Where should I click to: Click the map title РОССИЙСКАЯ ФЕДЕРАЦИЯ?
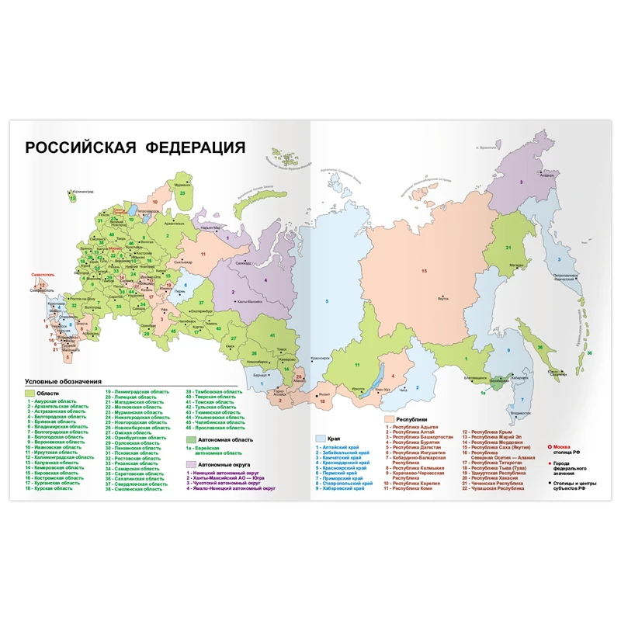click(x=135, y=148)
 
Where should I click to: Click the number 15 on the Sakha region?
click(x=424, y=270)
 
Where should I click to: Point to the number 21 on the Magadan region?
click(x=508, y=248)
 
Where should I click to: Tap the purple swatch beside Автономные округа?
click(x=191, y=465)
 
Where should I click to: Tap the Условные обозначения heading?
click(x=64, y=381)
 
